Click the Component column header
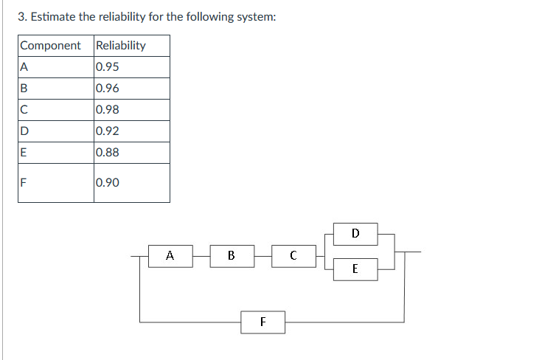[50, 46]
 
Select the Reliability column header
[121, 46]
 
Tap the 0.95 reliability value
[108, 67]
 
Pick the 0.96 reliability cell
[108, 89]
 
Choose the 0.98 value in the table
[108, 110]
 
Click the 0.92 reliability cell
[108, 131]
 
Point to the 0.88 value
[108, 153]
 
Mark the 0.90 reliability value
[108, 182]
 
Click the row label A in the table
[24, 67]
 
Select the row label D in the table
[25, 131]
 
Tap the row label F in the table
[24, 182]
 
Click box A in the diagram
[170, 256]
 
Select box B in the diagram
[232, 256]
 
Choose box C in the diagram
[293, 256]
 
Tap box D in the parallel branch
[355, 234]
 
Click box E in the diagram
[355, 269]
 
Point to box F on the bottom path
[263, 322]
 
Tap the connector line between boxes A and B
[201, 256]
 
